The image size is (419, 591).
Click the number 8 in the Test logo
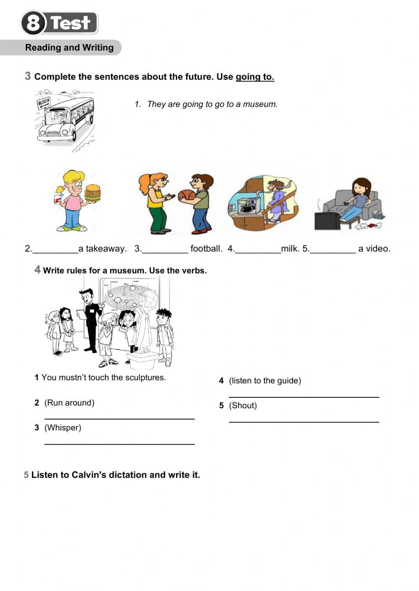pos(33,23)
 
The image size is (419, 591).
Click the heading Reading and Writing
pos(69,48)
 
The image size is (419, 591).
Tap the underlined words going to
pos(255,77)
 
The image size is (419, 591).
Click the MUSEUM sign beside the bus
pos(44,102)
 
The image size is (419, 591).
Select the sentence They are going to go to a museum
pos(212,104)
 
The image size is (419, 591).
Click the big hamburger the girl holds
pos(93,193)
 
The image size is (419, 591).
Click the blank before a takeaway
pos(55,249)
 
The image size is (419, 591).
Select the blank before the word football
pos(165,249)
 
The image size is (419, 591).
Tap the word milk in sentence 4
pos(290,249)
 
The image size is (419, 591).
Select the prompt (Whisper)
pos(63,427)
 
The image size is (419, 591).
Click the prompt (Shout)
pos(243,405)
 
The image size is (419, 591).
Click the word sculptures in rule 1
pos(146,378)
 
